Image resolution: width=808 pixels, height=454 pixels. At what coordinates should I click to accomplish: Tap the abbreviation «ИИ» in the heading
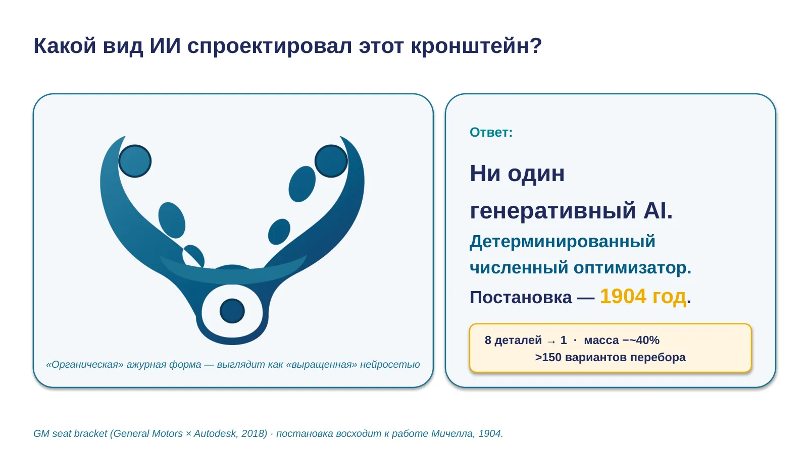tap(165, 46)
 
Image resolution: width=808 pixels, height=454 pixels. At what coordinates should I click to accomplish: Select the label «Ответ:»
tap(491, 132)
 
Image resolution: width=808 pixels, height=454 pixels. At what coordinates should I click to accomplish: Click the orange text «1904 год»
tap(643, 297)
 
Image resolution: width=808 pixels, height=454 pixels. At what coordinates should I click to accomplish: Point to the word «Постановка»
tap(521, 298)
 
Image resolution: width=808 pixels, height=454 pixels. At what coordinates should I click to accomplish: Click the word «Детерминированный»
tap(563, 242)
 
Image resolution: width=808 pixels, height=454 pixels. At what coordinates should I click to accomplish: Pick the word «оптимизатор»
tap(632, 268)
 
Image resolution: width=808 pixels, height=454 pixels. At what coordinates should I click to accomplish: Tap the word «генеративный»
tap(552, 211)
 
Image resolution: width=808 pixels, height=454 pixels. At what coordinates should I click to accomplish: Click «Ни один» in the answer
tap(517, 174)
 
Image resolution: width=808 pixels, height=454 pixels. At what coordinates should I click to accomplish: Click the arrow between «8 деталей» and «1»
tap(551, 341)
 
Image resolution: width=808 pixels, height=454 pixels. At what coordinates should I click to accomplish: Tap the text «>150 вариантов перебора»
tap(610, 358)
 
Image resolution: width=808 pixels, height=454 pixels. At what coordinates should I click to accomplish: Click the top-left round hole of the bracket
tap(134, 161)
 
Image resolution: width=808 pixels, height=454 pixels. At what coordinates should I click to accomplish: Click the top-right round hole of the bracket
tap(331, 161)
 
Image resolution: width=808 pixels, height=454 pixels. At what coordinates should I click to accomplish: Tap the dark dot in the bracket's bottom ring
tap(232, 311)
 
